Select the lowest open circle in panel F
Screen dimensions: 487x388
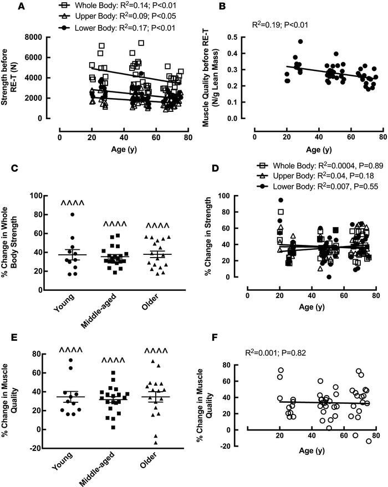(369, 441)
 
